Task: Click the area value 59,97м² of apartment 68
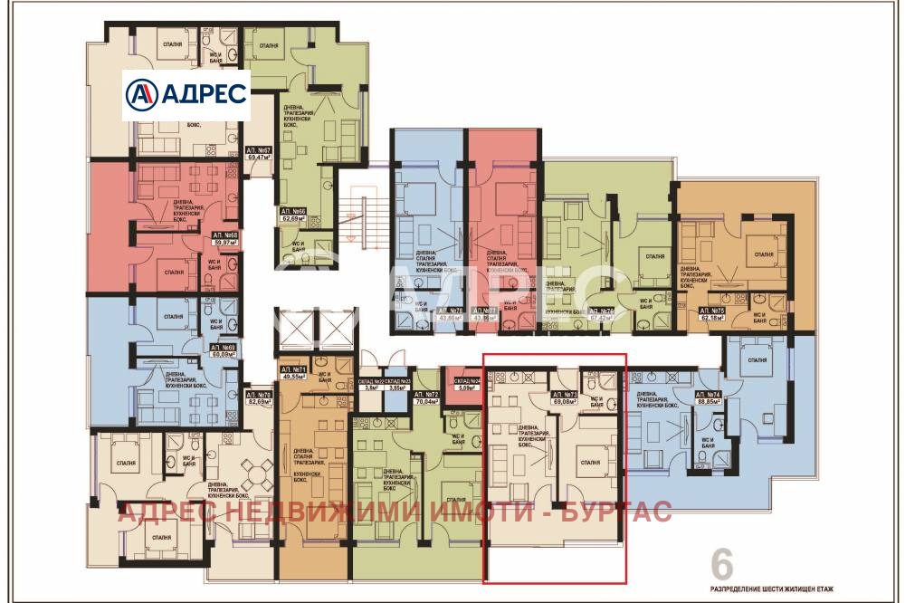click(224, 243)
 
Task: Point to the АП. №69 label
click(224, 347)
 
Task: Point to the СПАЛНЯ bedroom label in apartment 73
click(590, 462)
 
